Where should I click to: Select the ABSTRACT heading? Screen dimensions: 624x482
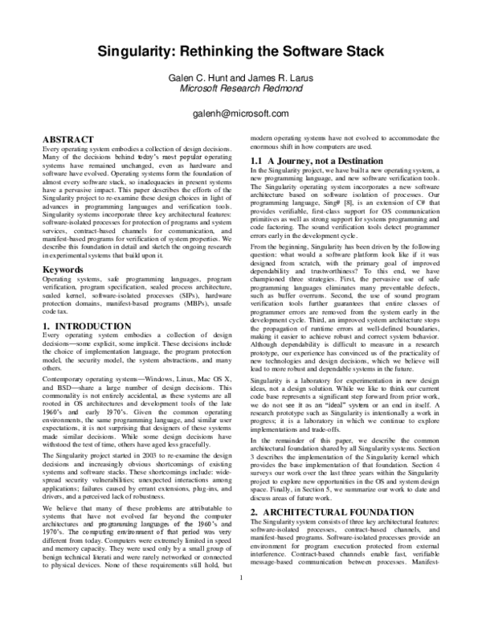point(72,139)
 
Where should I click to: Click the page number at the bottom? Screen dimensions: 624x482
point(241,598)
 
